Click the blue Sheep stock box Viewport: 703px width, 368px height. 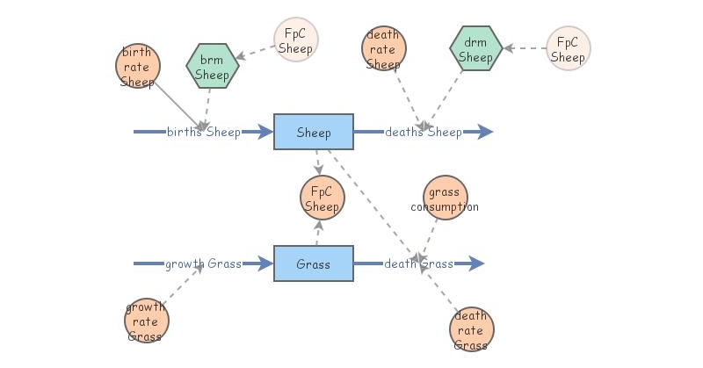314,132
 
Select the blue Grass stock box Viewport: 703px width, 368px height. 314,263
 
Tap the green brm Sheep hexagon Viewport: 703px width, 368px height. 213,67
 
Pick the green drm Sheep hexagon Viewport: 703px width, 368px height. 476,50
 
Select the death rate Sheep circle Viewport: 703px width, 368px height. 383,49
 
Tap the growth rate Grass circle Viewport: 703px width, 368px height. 146,321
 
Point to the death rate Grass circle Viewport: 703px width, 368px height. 471,329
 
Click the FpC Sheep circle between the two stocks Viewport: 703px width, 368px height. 322,198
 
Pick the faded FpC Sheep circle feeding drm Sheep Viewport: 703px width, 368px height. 568,49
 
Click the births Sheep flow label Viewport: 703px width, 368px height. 204,133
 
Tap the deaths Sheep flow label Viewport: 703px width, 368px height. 423,133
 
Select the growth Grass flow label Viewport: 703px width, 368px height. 203,263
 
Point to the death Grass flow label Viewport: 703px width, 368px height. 418,263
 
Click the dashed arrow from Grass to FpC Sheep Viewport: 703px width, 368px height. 317,233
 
